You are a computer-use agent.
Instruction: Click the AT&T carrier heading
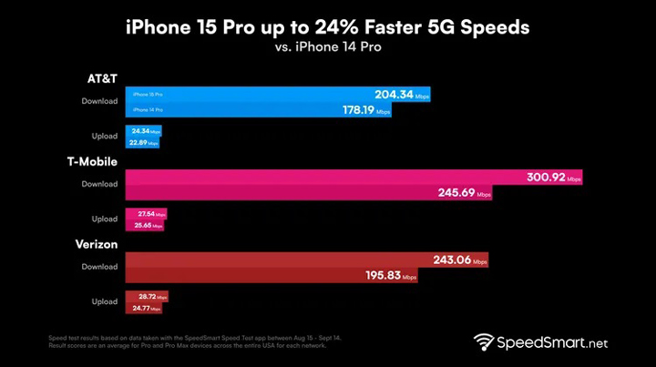click(x=101, y=79)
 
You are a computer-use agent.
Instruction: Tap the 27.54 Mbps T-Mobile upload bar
click(x=146, y=214)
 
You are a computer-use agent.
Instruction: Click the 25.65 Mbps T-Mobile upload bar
click(x=144, y=226)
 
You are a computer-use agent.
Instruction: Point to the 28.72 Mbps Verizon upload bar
click(x=147, y=297)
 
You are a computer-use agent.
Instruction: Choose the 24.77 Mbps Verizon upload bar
click(x=143, y=309)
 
